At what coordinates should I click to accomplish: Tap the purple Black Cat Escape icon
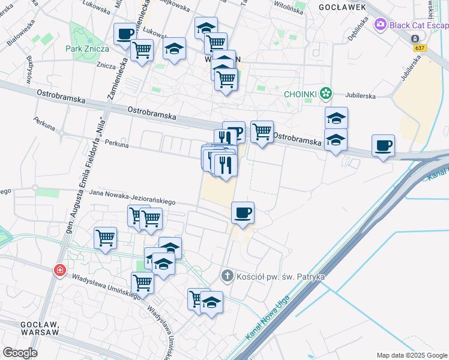379,25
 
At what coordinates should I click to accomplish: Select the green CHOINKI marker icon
326,93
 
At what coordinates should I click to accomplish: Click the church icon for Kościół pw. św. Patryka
227,276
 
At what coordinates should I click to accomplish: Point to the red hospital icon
59,271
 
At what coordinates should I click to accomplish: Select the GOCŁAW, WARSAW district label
39,328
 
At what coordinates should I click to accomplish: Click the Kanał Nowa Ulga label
268,317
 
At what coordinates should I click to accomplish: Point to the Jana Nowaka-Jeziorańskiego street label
132,197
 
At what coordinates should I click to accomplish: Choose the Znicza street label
106,65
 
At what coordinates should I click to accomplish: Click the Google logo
20,353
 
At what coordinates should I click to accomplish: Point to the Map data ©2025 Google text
411,355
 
